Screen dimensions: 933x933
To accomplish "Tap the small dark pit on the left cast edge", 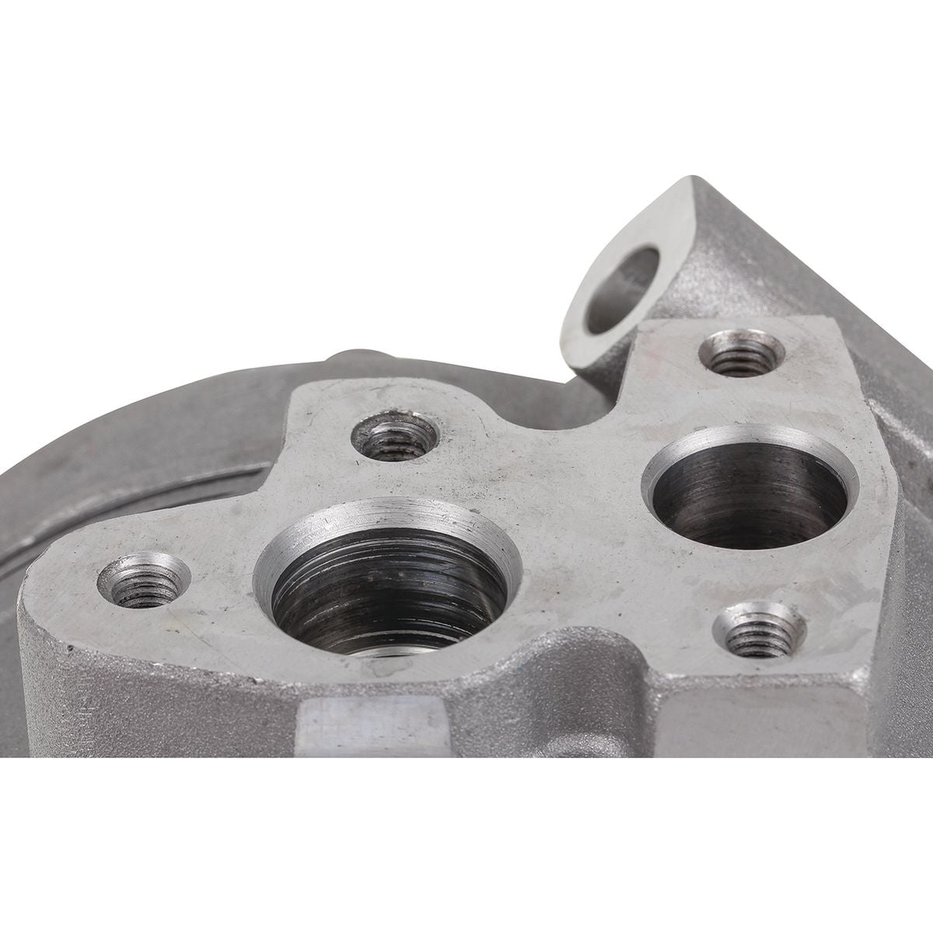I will (72, 647).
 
